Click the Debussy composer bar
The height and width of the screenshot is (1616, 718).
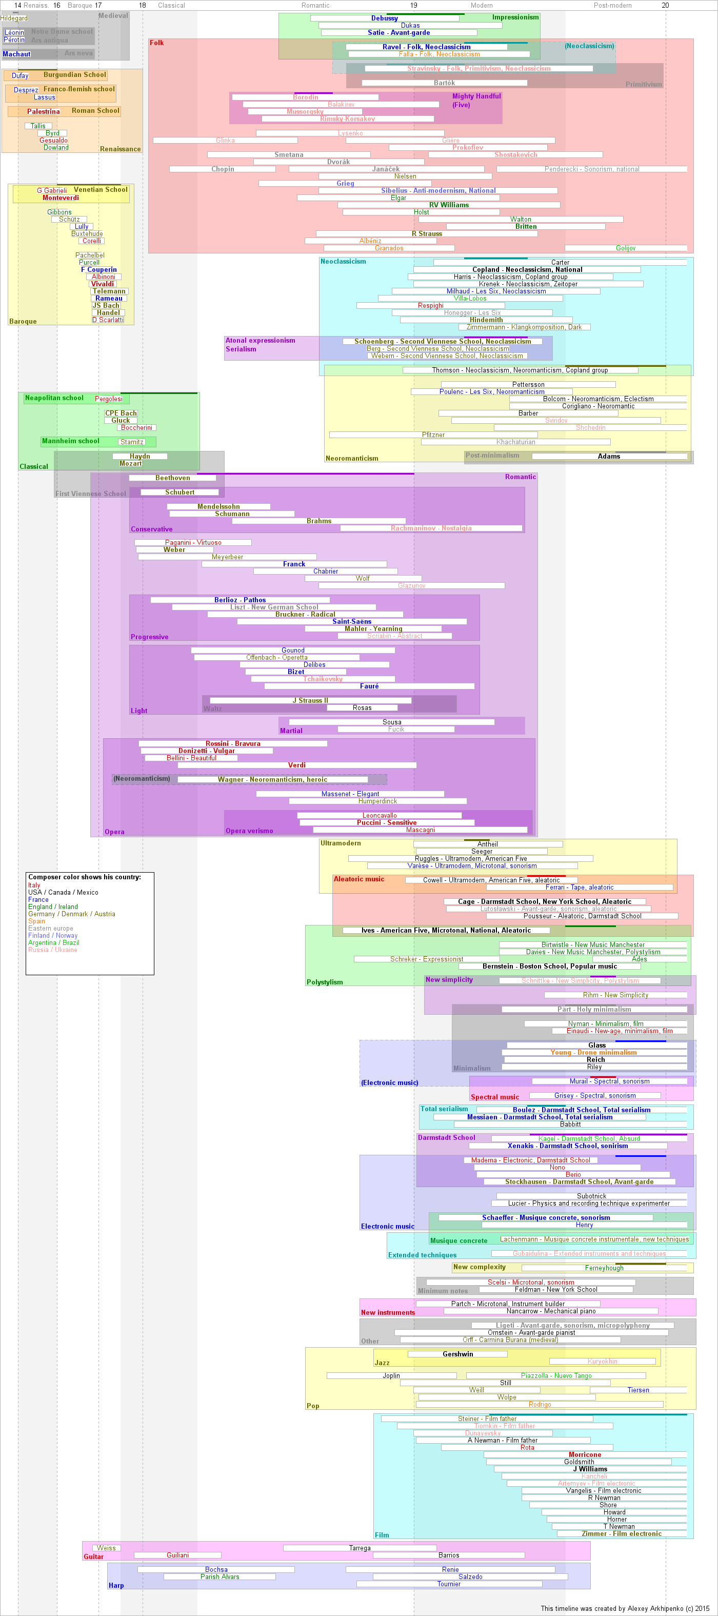coord(385,18)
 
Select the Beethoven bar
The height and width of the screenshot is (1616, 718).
coord(172,478)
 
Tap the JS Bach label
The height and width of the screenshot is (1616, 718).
coord(106,306)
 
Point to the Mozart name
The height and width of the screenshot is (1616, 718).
coord(130,464)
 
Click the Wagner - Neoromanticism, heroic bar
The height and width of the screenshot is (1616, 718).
coord(273,780)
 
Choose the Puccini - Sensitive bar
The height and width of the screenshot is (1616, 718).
coord(386,822)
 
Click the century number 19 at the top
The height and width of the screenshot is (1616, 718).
coord(414,5)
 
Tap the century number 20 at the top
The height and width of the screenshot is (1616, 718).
coord(665,5)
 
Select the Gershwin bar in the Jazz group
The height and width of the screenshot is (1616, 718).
coord(458,1354)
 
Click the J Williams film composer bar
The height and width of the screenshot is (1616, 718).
coord(590,1469)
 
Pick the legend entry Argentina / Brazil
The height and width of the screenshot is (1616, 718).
coord(53,943)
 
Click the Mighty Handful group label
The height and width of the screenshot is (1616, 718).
coord(476,96)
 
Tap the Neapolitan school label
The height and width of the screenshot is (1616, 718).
coord(54,398)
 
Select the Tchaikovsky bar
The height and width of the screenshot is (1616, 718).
coord(323,679)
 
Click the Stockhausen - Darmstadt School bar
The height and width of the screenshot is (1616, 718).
coord(579,1182)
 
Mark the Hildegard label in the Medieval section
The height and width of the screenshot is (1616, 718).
coord(14,18)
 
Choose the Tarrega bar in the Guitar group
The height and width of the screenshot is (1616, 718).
coord(360,1548)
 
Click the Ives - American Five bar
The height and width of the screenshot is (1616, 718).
coord(446,930)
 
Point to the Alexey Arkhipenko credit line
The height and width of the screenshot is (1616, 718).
coord(625,1608)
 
